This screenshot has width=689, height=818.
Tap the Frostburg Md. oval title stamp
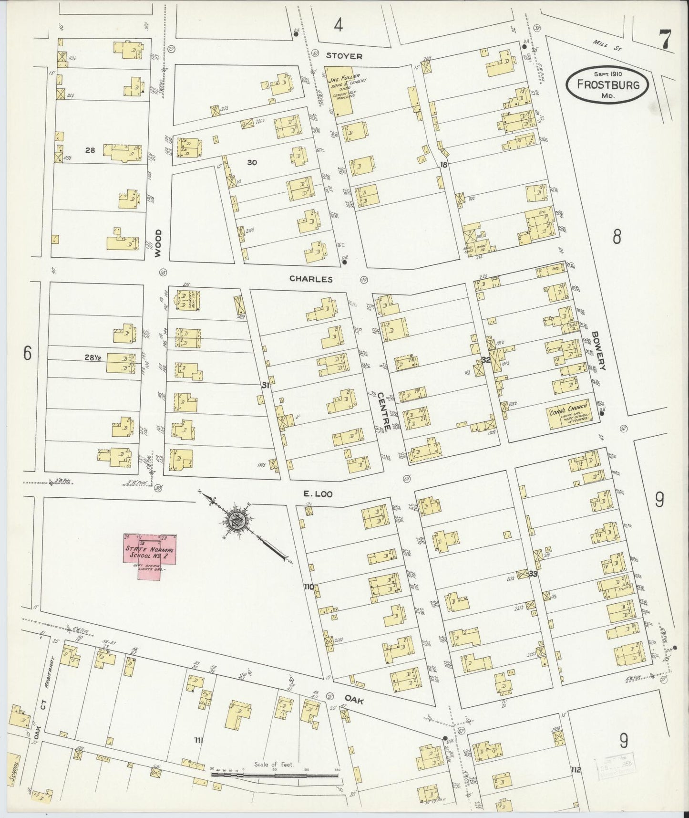pyautogui.click(x=607, y=84)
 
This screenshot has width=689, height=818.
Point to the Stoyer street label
pyautogui.click(x=344, y=56)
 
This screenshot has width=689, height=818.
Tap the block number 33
pyautogui.click(x=532, y=574)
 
